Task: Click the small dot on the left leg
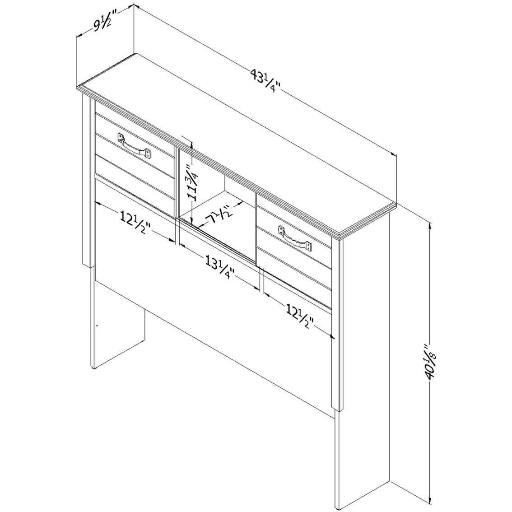pyautogui.click(x=97, y=326)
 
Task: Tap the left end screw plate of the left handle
pyautogui.click(x=121, y=137)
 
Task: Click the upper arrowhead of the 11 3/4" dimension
pyautogui.click(x=193, y=146)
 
